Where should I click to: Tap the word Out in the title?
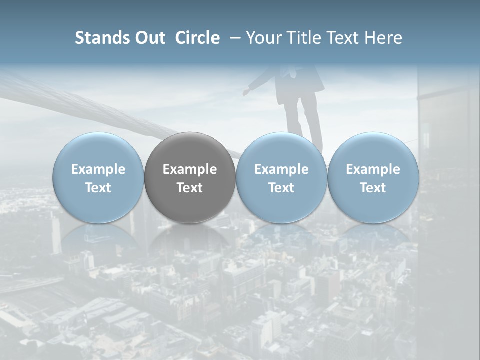(149, 38)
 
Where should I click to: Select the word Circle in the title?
(197, 38)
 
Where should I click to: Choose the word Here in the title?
(384, 38)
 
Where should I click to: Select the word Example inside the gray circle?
(190, 169)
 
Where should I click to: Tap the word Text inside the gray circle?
(190, 188)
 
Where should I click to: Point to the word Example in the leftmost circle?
(98, 169)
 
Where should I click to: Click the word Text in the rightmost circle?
(373, 188)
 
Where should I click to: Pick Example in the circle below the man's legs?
(281, 169)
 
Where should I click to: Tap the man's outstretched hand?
(247, 91)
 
